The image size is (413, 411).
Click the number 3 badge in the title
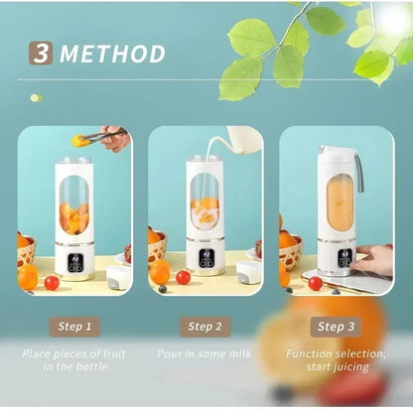tap(41, 52)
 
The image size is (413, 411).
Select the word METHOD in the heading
tap(111, 53)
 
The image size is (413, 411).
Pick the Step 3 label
tap(335, 325)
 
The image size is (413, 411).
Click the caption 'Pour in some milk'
tap(205, 353)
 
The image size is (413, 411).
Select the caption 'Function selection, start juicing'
tap(336, 360)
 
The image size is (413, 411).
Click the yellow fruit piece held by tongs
tap(79, 142)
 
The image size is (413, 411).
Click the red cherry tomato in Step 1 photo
tap(52, 282)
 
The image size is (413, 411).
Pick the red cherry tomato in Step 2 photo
tap(183, 277)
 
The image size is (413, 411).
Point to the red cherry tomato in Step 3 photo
tap(315, 283)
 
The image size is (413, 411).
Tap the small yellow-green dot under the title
tap(35, 97)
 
